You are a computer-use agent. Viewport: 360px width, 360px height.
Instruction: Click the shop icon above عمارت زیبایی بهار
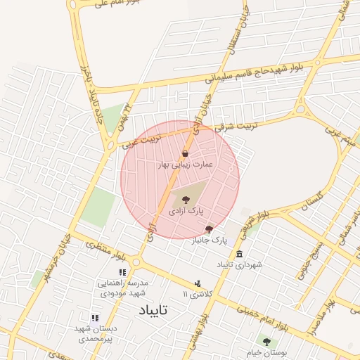coord(185,154)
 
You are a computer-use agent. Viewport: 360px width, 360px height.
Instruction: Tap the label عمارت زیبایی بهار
coord(186,165)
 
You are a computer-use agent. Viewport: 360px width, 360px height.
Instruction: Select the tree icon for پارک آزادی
coord(186,200)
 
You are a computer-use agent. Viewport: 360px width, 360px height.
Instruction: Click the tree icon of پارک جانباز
coord(209,229)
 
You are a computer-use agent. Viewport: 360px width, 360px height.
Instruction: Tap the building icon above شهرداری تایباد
coord(240,254)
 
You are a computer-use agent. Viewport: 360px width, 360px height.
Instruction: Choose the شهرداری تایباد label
coord(240,264)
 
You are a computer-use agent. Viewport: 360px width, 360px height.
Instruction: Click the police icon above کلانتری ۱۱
coord(198,283)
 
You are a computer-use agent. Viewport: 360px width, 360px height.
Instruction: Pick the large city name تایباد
coord(150,309)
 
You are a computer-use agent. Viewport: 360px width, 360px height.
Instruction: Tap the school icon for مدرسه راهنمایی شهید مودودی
coord(122,272)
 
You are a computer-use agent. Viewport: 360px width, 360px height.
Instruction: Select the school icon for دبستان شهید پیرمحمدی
coord(94,318)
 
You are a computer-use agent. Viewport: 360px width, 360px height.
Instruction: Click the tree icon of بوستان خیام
coord(266,342)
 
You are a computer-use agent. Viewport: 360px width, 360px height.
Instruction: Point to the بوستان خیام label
coord(266,352)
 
